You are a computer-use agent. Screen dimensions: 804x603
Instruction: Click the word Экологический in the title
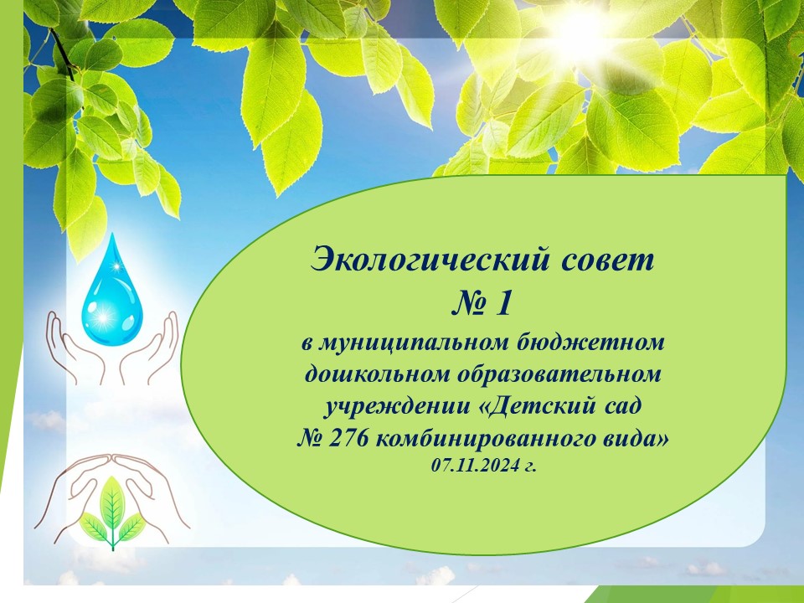[430, 260]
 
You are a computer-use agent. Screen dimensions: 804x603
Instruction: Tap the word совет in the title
[608, 260]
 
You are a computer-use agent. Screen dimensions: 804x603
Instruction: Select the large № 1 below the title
[482, 303]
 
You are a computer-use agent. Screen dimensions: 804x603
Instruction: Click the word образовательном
[558, 374]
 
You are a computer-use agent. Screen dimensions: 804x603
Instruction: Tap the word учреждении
[397, 407]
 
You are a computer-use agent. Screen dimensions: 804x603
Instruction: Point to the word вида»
[635, 438]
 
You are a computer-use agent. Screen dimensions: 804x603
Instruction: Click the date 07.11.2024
[474, 466]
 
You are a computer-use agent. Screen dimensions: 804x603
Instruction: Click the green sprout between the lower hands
[112, 513]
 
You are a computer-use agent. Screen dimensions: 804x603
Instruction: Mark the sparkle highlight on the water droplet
[104, 318]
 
